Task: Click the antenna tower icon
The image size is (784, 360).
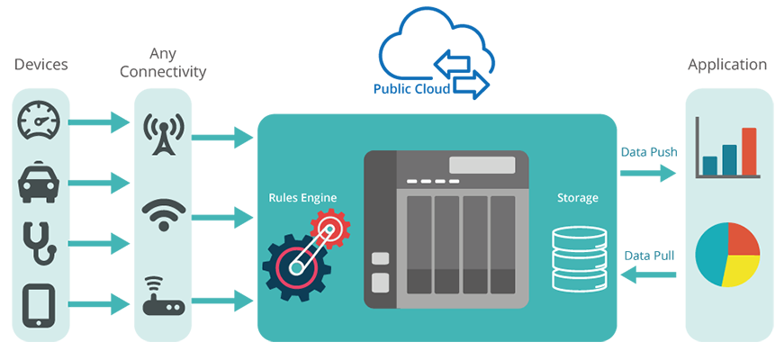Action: (x=164, y=133)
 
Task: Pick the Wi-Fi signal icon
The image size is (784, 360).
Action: (x=164, y=214)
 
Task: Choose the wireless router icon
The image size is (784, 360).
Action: (x=164, y=297)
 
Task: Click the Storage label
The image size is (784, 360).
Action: (x=577, y=197)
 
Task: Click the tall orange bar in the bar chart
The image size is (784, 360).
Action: (x=749, y=150)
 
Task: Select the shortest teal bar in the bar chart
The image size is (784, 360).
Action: (x=710, y=165)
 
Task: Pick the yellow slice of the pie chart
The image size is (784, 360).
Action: (x=741, y=269)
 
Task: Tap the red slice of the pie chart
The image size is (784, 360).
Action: (x=743, y=238)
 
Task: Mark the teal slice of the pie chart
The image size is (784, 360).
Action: (x=713, y=256)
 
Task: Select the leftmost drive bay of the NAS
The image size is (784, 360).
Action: (x=419, y=243)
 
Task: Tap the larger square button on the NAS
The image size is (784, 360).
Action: (x=381, y=283)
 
